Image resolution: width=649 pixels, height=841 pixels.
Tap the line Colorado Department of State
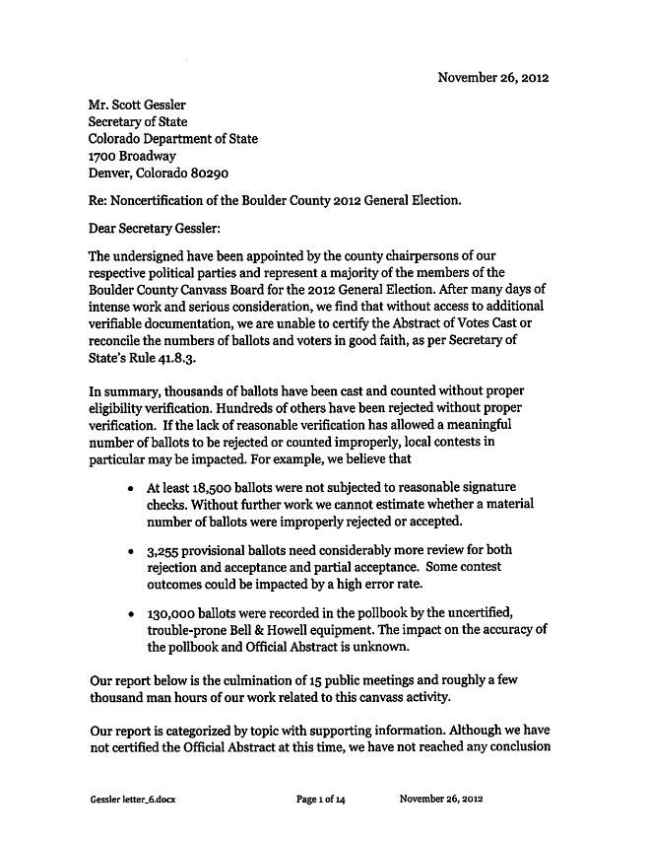point(172,139)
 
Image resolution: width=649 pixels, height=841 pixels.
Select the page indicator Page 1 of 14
point(320,799)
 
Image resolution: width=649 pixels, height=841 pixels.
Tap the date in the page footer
point(441,799)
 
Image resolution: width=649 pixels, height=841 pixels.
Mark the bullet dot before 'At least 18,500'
point(131,488)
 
